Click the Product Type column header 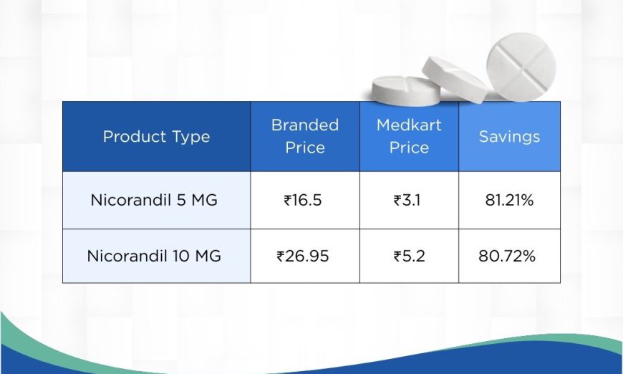pyautogui.click(x=156, y=137)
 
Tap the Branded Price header pyautogui.click(x=305, y=136)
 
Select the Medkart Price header pyautogui.click(x=409, y=136)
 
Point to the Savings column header pyautogui.click(x=509, y=137)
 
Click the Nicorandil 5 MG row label pyautogui.click(x=154, y=200)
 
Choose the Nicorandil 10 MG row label pyautogui.click(x=154, y=256)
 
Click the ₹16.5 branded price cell pyautogui.click(x=303, y=200)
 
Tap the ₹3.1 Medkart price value pyautogui.click(x=407, y=200)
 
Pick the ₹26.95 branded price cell pyautogui.click(x=303, y=256)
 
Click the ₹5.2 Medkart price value pyautogui.click(x=409, y=256)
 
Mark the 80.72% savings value pyautogui.click(x=507, y=256)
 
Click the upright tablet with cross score pyautogui.click(x=521, y=67)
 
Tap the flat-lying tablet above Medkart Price pyautogui.click(x=405, y=91)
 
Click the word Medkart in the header pyautogui.click(x=409, y=125)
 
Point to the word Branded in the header pyautogui.click(x=305, y=125)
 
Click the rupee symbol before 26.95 pyautogui.click(x=281, y=256)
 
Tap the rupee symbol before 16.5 pyautogui.click(x=288, y=200)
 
